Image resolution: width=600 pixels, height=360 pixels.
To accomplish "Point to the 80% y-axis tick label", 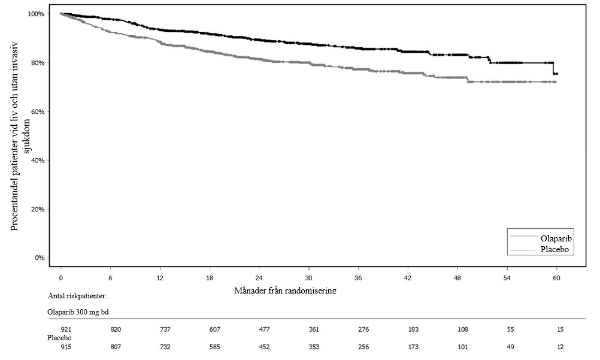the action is [x=38, y=63].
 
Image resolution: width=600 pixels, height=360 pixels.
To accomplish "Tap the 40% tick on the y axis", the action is [x=38, y=161].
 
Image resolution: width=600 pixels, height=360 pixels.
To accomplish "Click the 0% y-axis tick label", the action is [x=40, y=258].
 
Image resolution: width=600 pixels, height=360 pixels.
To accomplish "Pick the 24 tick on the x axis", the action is [x=259, y=278].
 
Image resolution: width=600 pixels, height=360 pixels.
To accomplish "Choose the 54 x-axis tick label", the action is [x=507, y=278].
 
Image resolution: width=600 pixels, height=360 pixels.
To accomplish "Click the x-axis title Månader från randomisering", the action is [x=286, y=291].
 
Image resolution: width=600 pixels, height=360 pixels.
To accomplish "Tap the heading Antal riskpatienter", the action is [x=77, y=296].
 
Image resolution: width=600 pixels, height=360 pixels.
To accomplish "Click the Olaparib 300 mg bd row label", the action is [x=78, y=312].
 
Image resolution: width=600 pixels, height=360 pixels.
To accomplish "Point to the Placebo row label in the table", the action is [x=59, y=338].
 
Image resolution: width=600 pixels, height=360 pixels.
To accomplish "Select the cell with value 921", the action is [x=66, y=329].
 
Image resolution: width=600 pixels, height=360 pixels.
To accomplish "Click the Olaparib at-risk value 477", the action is [x=265, y=329].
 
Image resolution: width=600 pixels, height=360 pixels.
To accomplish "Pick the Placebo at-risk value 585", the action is [x=214, y=347].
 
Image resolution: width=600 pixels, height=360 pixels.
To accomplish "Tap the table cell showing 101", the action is [x=463, y=347].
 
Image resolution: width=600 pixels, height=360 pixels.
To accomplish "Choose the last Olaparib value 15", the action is [x=560, y=329].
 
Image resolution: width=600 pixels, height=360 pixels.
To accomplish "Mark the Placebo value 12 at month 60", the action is [x=560, y=347].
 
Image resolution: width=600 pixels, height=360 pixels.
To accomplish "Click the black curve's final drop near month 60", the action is [x=553, y=68].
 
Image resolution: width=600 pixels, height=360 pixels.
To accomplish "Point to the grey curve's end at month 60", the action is [x=555, y=82].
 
